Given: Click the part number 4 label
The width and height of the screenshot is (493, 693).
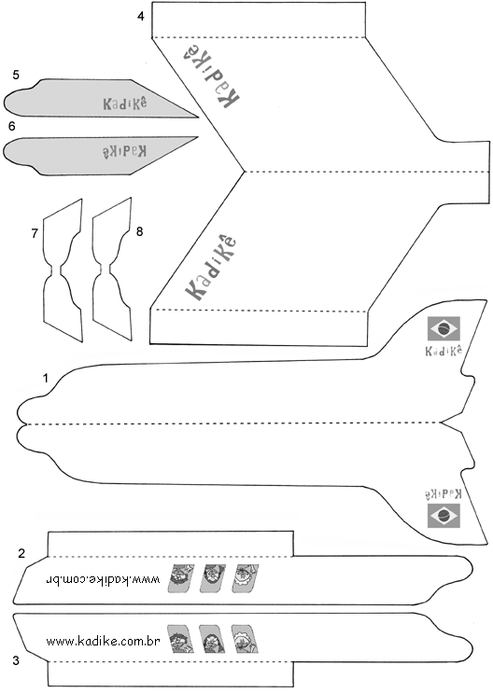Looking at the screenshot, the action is tap(141, 17).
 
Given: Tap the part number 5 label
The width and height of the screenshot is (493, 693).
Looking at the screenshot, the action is tap(16, 75).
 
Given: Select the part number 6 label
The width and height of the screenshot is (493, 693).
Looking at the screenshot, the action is tap(11, 127).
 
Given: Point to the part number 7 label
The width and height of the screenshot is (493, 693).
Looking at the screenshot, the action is tap(35, 233).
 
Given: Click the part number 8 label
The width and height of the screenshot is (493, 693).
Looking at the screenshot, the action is tap(139, 231).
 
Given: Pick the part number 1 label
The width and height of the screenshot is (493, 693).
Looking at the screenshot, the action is tap(45, 379).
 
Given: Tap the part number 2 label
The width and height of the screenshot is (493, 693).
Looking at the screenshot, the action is tap(21, 553).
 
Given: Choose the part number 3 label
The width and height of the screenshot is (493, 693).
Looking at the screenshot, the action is tap(16, 660).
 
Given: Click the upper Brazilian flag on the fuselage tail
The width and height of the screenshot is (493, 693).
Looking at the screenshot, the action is tap(444, 328).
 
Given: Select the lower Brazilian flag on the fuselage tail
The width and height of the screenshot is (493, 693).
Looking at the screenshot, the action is tap(444, 516).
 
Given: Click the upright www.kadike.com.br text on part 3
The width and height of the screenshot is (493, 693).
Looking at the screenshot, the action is tap(103, 641).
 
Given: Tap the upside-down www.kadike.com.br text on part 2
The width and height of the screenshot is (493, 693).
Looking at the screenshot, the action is tap(103, 579).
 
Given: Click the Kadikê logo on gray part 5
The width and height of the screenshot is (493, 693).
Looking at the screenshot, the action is tap(125, 104).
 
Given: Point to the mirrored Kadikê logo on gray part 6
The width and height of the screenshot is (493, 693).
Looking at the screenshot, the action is tap(125, 151).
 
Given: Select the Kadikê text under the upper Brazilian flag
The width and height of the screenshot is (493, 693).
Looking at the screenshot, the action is tap(444, 350).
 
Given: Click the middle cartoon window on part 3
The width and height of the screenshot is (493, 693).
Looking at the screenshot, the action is tap(213, 639).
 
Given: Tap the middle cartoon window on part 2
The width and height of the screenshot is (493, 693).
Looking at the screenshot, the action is tap(213, 578).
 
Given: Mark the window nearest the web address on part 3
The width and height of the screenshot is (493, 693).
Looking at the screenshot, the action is tap(180, 639).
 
